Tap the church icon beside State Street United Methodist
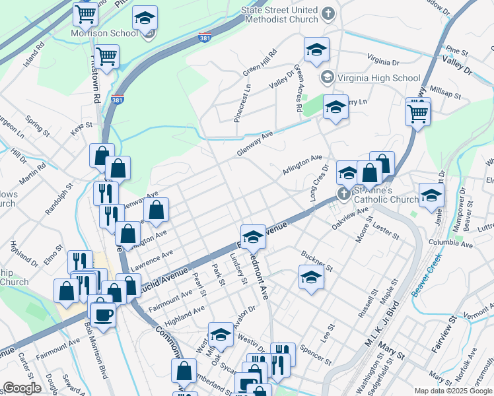coord(328,14)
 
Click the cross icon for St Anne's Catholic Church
coord(342,194)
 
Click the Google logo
coord(22,388)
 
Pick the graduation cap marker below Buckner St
coord(311,278)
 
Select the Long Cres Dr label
coord(319,185)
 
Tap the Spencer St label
coord(315,354)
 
